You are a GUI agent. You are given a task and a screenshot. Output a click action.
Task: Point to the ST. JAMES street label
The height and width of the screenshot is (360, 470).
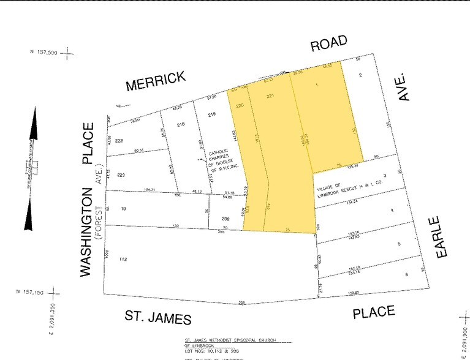[x=158, y=317]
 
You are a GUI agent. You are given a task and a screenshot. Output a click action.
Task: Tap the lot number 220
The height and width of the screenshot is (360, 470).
[x=240, y=105]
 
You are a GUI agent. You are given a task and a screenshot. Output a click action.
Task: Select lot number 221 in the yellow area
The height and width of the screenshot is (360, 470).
[x=270, y=96]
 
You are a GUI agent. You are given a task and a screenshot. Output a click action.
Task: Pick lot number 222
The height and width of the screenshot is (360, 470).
[x=119, y=141]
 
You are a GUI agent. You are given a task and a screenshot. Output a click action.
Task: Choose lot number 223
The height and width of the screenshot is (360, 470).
[x=121, y=175]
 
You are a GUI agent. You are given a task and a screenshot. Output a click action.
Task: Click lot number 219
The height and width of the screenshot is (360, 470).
[x=213, y=115]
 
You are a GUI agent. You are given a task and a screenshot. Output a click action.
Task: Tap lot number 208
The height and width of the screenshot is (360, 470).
[x=227, y=218]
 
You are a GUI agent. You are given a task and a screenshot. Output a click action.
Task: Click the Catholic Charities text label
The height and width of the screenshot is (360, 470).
[x=222, y=160]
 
